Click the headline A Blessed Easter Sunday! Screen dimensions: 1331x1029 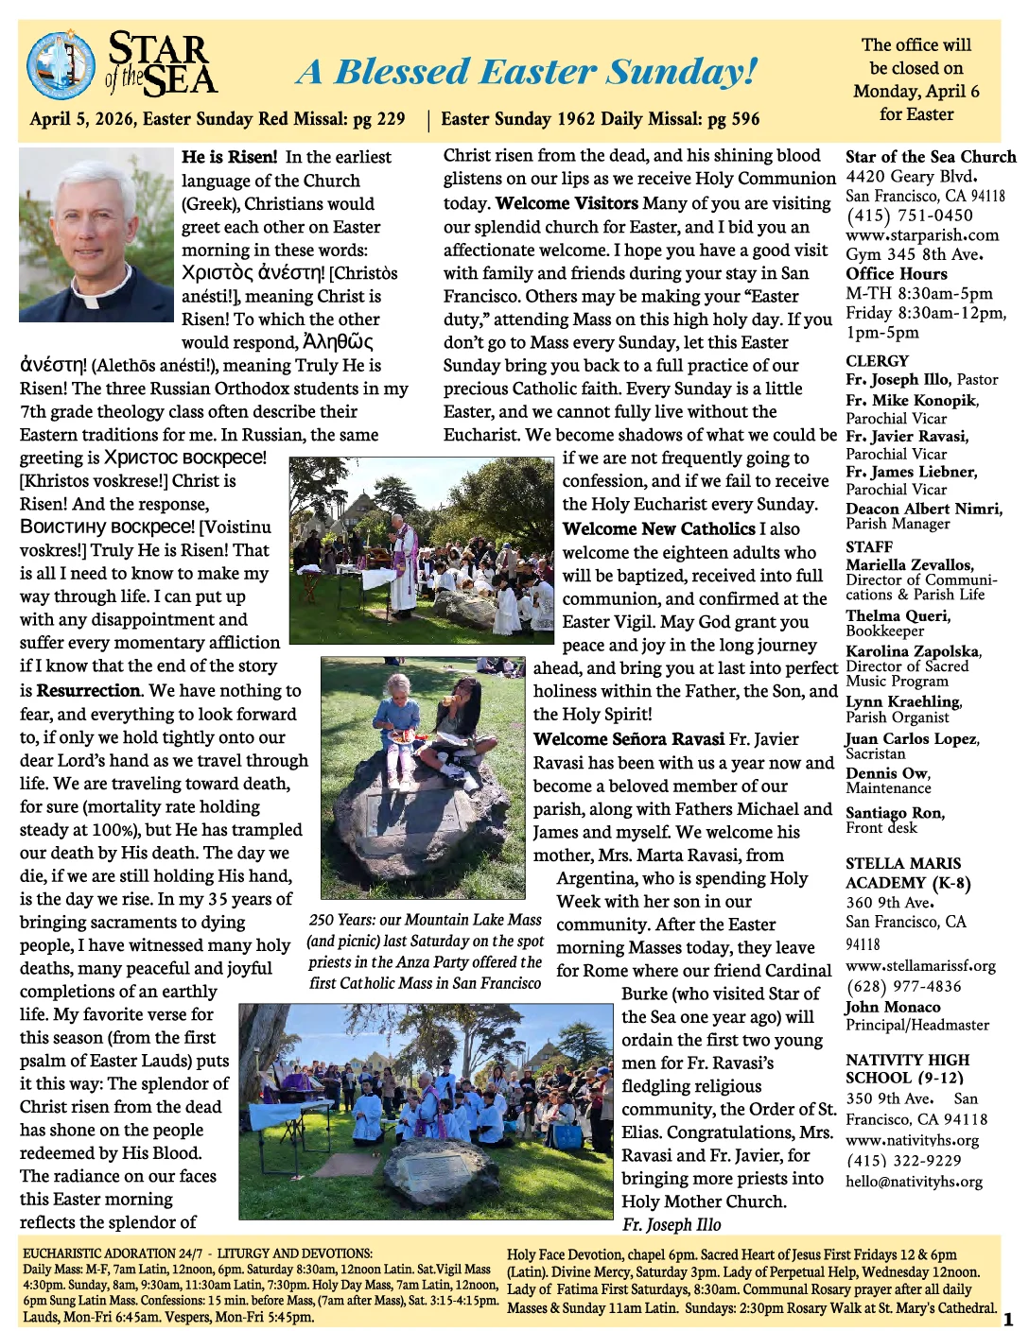tap(527, 71)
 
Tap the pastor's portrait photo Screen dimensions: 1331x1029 tap(96, 233)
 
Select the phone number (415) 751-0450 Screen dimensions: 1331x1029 tap(909, 216)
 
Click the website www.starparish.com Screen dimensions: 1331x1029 tap(921, 234)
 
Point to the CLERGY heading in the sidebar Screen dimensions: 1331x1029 tap(877, 361)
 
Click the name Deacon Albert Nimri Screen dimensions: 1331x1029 tap(923, 509)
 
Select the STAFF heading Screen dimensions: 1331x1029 tap(869, 546)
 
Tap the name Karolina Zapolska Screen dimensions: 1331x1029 tap(913, 651)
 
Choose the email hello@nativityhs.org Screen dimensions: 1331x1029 tap(914, 1182)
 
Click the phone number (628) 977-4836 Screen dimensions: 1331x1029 tap(903, 986)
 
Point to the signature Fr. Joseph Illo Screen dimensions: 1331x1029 tap(671, 1225)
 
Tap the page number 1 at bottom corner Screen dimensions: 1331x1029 tap(1007, 1320)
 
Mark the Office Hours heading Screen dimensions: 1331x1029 tap(896, 274)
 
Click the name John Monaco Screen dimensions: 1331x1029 tap(893, 1007)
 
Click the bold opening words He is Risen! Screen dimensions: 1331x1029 tap(230, 157)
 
